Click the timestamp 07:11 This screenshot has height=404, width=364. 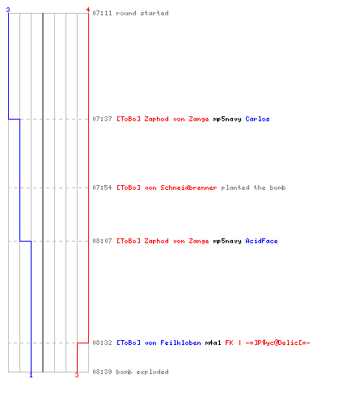click(102, 13)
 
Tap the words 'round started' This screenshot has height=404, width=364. click(142, 13)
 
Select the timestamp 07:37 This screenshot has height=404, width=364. click(102, 119)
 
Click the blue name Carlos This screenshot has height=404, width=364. click(257, 119)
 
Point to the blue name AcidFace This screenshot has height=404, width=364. click(261, 241)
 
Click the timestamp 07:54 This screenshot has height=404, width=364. click(102, 187)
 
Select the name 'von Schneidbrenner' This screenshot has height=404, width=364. click(181, 187)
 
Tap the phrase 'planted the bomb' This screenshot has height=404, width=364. click(253, 187)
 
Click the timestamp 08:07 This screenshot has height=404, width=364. click(102, 241)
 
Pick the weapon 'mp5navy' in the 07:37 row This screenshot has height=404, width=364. click(227, 120)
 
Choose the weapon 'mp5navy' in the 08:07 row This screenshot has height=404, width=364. click(227, 242)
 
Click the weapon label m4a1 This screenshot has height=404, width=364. click(213, 343)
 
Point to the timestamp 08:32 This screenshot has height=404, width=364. click(102, 343)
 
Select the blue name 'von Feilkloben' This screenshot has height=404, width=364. click(173, 343)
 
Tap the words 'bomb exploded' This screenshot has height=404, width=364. click(142, 372)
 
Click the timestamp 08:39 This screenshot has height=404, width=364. click(102, 372)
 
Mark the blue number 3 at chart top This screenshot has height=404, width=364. click(8, 10)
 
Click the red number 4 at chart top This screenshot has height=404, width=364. click(88, 10)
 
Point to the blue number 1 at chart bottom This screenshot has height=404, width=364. click(31, 375)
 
